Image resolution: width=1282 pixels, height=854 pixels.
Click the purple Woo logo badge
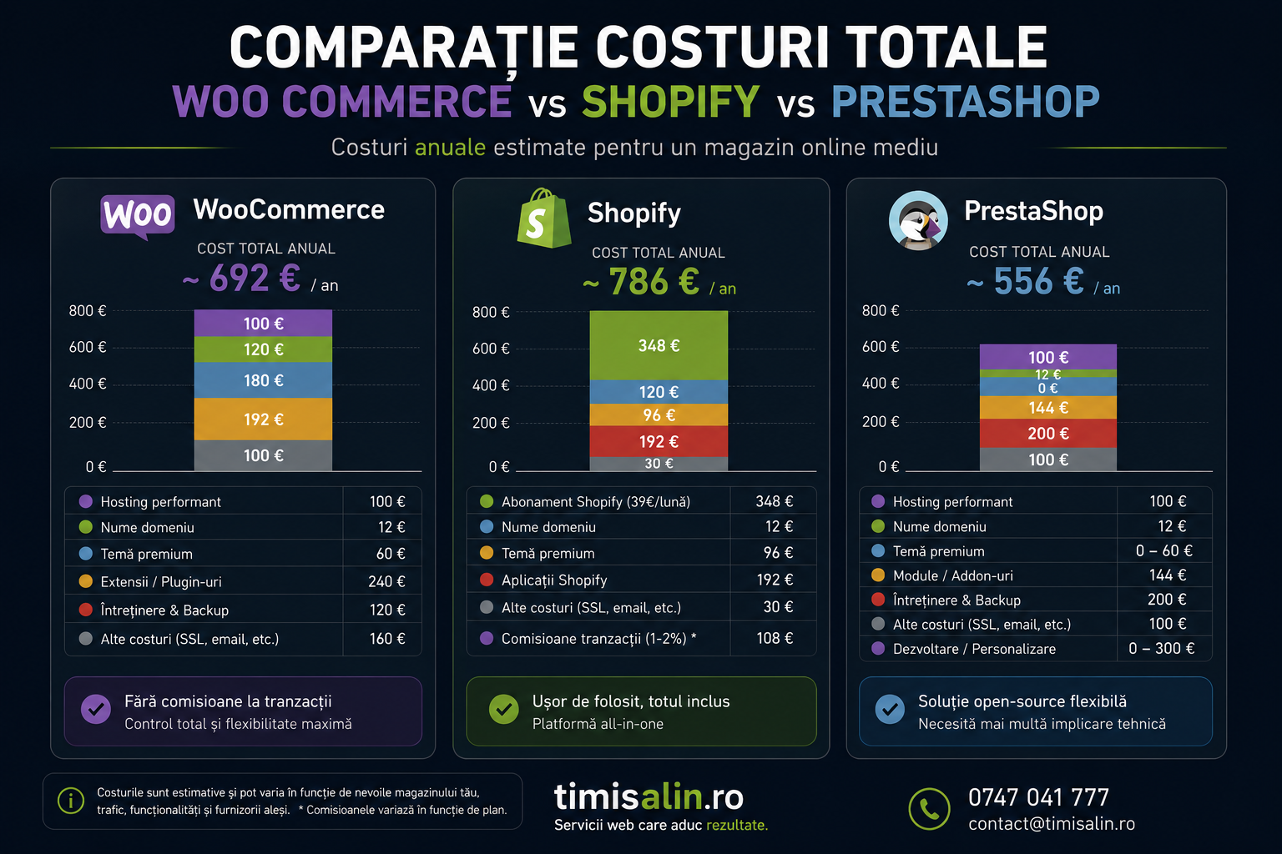pyautogui.click(x=138, y=216)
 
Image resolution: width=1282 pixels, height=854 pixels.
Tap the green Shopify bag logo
pyautogui.click(x=543, y=218)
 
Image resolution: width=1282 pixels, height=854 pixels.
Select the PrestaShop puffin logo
pyautogui.click(x=918, y=220)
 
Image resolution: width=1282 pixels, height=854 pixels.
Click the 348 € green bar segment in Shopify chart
pyautogui.click(x=659, y=345)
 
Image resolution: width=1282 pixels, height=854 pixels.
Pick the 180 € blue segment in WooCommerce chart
pyautogui.click(x=263, y=380)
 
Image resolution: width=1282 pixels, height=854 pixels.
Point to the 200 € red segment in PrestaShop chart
pyautogui.click(x=1048, y=434)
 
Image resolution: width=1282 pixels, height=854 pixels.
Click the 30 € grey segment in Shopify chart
pyautogui.click(x=659, y=464)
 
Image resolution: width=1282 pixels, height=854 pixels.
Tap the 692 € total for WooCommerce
pyautogui.click(x=255, y=279)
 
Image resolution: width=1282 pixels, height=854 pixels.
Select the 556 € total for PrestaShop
pyautogui.click(x=1039, y=281)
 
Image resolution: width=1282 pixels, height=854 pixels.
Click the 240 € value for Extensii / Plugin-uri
pyautogui.click(x=386, y=582)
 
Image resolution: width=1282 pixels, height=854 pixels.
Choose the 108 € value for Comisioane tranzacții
pyautogui.click(x=775, y=638)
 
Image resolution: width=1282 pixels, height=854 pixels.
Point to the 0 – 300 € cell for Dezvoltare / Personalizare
pyautogui.click(x=1161, y=649)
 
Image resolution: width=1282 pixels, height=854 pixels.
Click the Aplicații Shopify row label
pyautogui.click(x=554, y=580)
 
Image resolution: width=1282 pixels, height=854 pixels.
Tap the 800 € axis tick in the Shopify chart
pyautogui.click(x=491, y=312)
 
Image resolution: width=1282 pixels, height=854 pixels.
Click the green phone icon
pyautogui.click(x=930, y=809)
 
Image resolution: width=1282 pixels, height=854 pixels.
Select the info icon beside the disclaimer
pyautogui.click(x=71, y=801)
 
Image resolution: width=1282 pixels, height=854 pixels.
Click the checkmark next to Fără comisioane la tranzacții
pyautogui.click(x=96, y=709)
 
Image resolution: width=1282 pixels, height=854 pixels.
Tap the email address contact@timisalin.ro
pyautogui.click(x=1052, y=824)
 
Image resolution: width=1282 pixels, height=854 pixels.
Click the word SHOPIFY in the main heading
pyautogui.click(x=671, y=102)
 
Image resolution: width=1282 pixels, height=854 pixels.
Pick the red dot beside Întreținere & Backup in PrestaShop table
pyautogui.click(x=878, y=600)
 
